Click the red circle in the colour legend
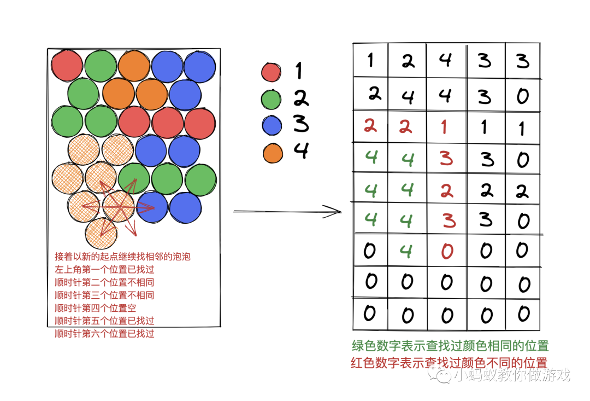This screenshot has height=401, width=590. click(x=271, y=72)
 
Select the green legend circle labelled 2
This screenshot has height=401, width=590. click(x=271, y=100)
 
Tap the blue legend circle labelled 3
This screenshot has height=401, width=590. click(x=272, y=126)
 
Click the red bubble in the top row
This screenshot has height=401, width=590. click(x=67, y=65)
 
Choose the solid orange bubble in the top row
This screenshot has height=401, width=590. click(x=134, y=66)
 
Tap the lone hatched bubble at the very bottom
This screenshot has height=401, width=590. click(x=101, y=233)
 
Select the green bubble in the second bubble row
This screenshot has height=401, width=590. click(x=84, y=94)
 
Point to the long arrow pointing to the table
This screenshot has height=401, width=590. click(x=287, y=211)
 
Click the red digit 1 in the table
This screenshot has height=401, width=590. click(x=444, y=127)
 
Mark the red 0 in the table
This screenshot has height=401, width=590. click(x=447, y=251)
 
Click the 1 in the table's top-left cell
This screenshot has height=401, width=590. click(x=371, y=59)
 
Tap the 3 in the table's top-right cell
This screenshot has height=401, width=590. click(x=523, y=60)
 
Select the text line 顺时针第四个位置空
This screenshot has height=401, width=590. click(x=96, y=308)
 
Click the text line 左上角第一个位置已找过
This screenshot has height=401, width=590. click(x=104, y=270)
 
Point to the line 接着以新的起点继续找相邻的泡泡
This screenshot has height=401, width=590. click(x=122, y=257)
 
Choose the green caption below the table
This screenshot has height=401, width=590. click(x=450, y=346)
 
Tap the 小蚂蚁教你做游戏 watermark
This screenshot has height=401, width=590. click(x=508, y=375)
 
